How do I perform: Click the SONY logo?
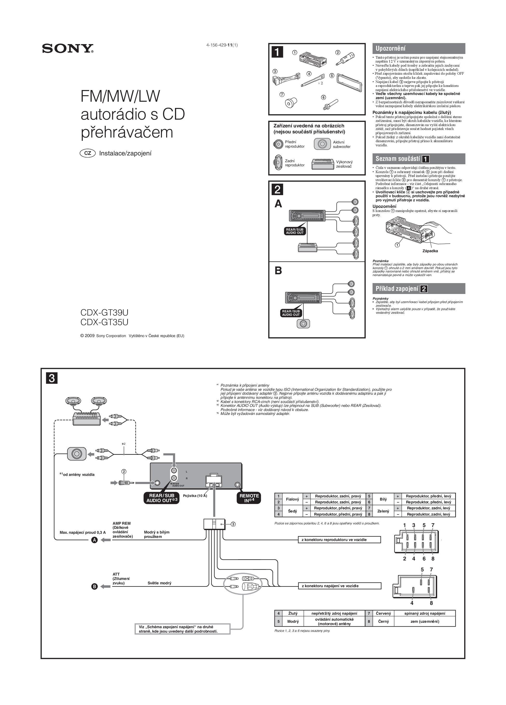(x=68, y=49)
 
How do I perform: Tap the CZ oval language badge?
(x=88, y=153)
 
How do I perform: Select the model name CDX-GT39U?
(x=104, y=312)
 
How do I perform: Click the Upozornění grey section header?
(x=418, y=49)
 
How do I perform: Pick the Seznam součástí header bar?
(x=418, y=159)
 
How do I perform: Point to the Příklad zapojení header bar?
(x=418, y=289)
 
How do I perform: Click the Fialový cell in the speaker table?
(x=292, y=499)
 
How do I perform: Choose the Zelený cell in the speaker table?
(x=383, y=511)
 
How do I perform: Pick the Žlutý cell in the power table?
(x=293, y=613)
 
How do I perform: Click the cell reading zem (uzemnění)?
(x=424, y=621)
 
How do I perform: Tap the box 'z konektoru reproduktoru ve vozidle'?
(x=339, y=540)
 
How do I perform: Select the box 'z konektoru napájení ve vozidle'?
(x=339, y=586)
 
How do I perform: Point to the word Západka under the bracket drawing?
(x=430, y=251)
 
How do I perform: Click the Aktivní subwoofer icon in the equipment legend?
(x=322, y=144)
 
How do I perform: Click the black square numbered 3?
(x=52, y=379)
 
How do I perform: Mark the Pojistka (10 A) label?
(x=195, y=496)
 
